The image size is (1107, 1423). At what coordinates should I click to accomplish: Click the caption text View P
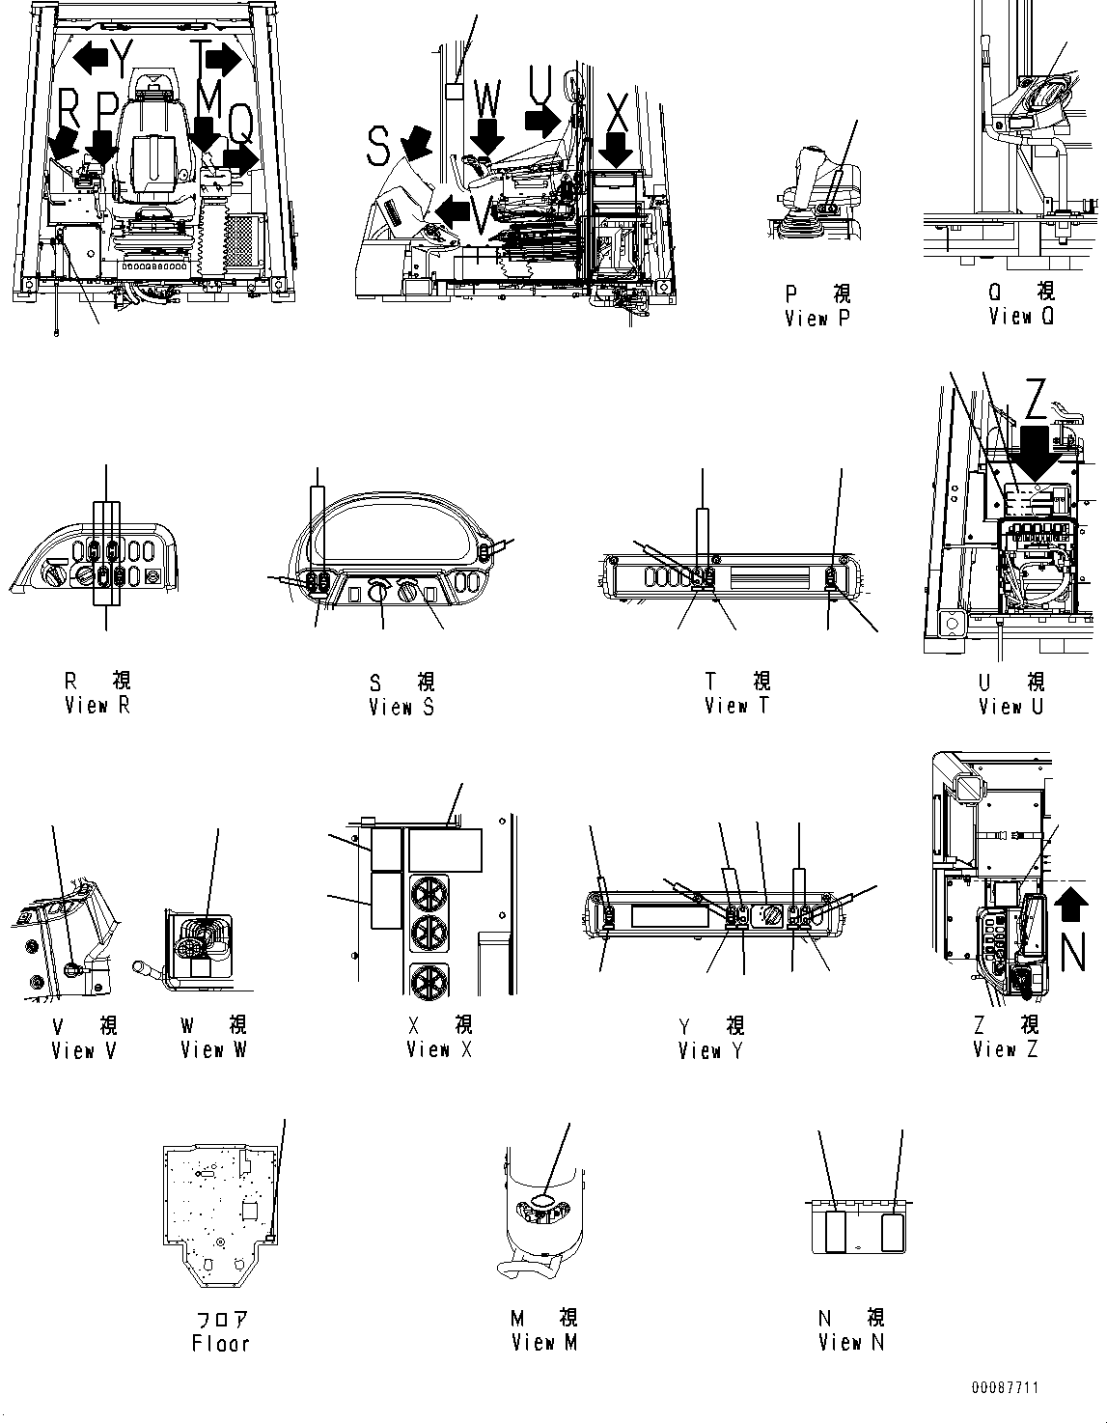click(x=817, y=319)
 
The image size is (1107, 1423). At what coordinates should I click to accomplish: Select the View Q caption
click(x=1021, y=317)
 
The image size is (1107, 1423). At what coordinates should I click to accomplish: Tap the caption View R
click(x=97, y=706)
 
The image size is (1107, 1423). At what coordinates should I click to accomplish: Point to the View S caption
click(x=401, y=708)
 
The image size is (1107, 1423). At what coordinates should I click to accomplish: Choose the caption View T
click(x=737, y=706)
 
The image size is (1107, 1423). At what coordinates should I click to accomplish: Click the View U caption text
click(x=1011, y=706)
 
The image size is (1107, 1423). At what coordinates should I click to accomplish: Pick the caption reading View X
click(x=439, y=1049)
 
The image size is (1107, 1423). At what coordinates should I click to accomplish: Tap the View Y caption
click(x=711, y=1050)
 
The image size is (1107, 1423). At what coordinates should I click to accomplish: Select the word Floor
click(x=221, y=1344)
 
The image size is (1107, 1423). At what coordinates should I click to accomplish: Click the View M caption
click(x=544, y=1343)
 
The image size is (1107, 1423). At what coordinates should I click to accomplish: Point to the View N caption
click(x=851, y=1343)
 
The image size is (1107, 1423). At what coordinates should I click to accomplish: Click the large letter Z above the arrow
click(x=1035, y=399)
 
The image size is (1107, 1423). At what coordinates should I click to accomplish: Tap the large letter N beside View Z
click(x=1073, y=952)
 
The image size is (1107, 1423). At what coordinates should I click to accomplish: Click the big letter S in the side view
click(x=378, y=146)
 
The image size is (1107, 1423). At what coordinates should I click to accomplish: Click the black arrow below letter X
click(x=616, y=150)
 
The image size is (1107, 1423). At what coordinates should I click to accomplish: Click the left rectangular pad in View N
click(x=836, y=1233)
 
